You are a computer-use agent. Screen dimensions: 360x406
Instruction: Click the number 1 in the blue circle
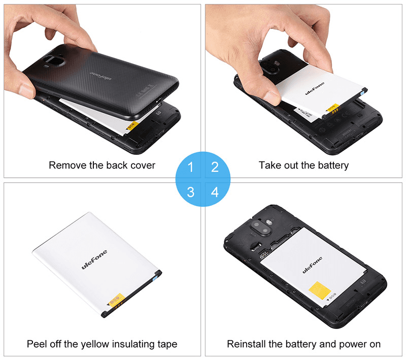coord(190,167)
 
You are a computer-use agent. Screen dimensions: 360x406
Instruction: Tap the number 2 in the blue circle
coord(215,167)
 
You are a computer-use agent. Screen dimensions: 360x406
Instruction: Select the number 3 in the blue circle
coord(190,192)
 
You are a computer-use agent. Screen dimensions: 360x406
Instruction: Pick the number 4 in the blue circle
coord(215,192)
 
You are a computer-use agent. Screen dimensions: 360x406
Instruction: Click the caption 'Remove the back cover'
coord(102,165)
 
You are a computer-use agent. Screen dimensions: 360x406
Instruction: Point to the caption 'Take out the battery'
coord(303,165)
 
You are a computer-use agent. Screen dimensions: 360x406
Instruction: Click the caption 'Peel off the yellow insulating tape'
coord(102,344)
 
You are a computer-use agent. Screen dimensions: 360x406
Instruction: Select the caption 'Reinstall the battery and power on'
coord(303,344)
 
